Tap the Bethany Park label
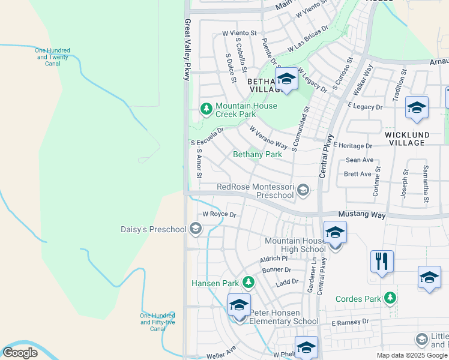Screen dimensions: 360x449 click(257, 154)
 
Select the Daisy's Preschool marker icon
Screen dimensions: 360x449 click(195, 228)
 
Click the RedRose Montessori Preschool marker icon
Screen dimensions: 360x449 click(303, 191)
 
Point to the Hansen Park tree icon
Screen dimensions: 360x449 click(249, 282)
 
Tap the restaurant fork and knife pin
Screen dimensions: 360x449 click(382, 262)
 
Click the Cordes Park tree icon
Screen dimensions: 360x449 click(391, 298)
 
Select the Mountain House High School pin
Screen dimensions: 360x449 click(335, 233)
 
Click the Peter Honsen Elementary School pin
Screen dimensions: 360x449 click(239, 306)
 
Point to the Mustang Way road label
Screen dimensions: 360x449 click(360, 214)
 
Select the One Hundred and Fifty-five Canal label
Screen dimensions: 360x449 click(157, 322)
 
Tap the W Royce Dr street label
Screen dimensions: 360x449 click(220, 214)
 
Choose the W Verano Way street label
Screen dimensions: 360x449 click(268, 137)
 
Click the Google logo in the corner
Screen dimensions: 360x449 click(20, 353)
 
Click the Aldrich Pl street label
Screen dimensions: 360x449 click(274, 258)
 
